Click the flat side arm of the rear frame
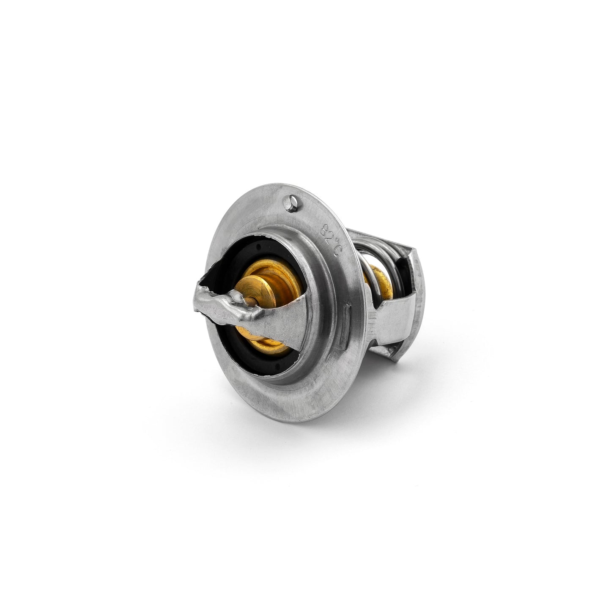coord(393,321)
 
